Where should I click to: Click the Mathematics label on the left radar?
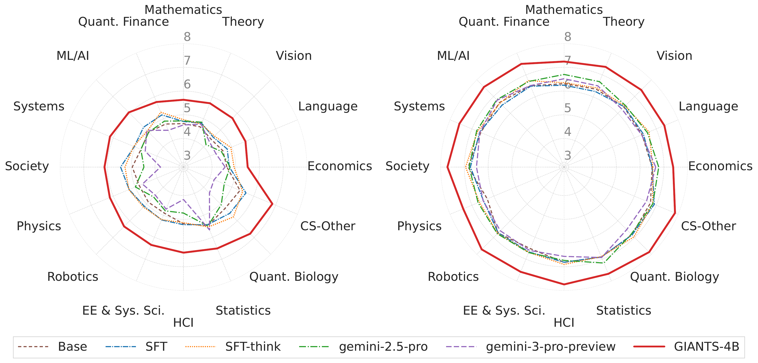pyautogui.click(x=183, y=10)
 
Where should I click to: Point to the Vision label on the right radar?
pyautogui.click(x=674, y=56)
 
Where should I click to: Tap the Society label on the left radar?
pyautogui.click(x=27, y=166)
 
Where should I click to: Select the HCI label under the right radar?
pyautogui.click(x=564, y=323)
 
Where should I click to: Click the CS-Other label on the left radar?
pyautogui.click(x=328, y=226)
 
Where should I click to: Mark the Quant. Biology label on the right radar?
pyautogui.click(x=674, y=277)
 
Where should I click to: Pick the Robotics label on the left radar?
pyautogui.click(x=73, y=277)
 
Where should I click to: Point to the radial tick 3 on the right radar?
pyautogui.click(x=568, y=155)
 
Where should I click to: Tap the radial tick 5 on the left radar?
pyautogui.click(x=187, y=108)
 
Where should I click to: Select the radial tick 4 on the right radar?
pyautogui.click(x=568, y=131)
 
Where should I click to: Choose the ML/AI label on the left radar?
pyautogui.click(x=73, y=56)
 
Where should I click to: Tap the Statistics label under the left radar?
pyautogui.click(x=243, y=311)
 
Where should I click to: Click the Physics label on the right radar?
pyautogui.click(x=419, y=226)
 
